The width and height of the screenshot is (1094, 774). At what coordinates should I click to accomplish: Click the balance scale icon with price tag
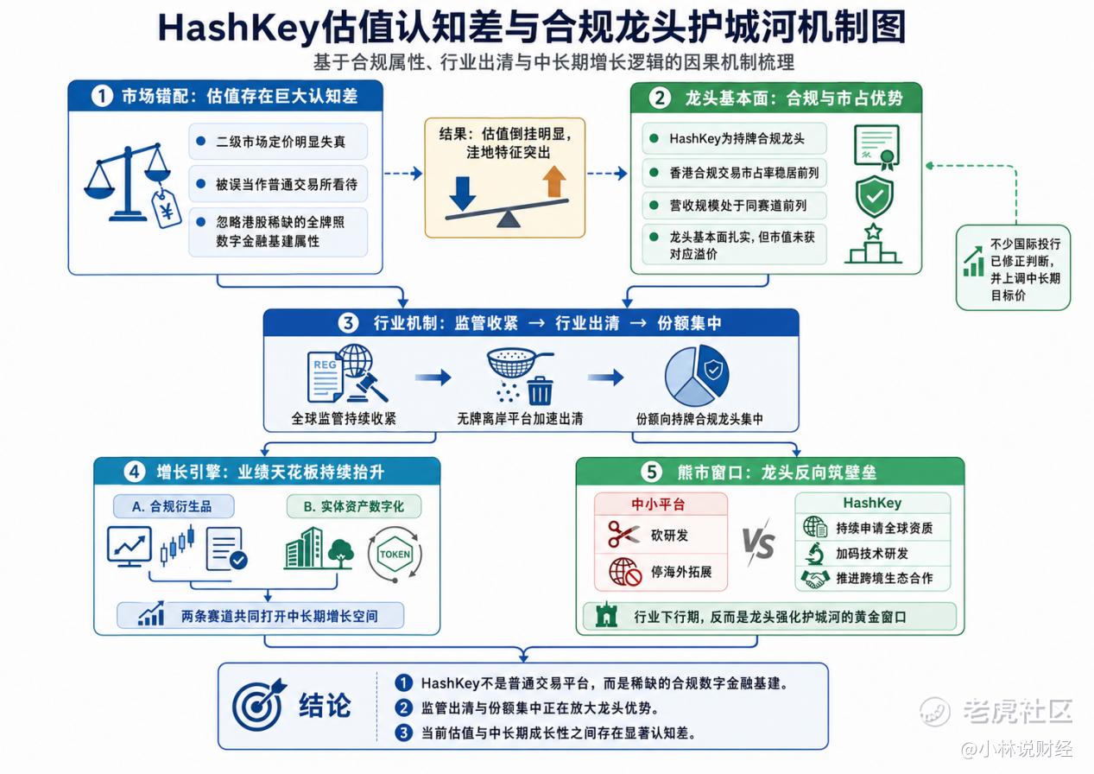click(131, 186)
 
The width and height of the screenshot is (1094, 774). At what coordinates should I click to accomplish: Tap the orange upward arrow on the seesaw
click(553, 181)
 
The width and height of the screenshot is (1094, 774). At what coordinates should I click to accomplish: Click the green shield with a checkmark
click(874, 197)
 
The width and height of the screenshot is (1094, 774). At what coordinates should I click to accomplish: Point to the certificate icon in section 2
click(877, 147)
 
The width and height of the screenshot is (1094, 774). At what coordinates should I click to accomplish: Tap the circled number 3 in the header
click(348, 323)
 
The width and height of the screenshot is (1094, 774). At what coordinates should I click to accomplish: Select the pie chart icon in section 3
click(697, 375)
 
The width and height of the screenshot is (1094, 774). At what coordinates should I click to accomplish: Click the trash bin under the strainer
click(541, 390)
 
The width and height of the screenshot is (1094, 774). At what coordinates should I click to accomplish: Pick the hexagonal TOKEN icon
click(395, 555)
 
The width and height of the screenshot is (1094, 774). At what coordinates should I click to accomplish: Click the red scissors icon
click(623, 534)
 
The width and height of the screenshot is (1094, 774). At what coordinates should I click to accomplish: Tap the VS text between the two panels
click(758, 543)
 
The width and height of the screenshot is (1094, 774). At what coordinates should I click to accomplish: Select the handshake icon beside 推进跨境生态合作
click(815, 579)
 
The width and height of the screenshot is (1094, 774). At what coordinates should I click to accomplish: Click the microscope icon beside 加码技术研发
click(814, 554)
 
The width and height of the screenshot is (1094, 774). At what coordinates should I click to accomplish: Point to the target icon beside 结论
click(259, 704)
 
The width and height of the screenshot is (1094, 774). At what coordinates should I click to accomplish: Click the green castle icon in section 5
click(607, 615)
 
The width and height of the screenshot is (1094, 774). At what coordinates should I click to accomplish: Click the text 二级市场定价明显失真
click(281, 143)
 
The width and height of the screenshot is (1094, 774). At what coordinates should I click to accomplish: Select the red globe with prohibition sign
click(624, 572)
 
